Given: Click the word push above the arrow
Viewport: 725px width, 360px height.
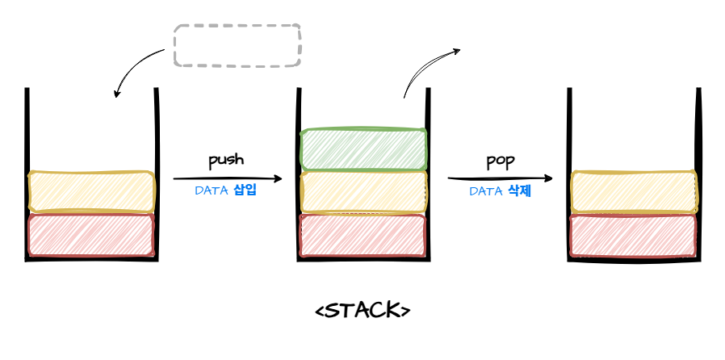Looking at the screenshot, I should click(226, 160).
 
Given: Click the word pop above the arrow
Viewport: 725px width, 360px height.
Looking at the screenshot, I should click(500, 160).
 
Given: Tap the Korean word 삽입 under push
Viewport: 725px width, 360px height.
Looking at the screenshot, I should click(245, 192).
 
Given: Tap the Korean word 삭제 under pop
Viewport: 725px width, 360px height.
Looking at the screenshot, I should click(519, 192).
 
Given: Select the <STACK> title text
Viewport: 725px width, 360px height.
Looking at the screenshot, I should click(362, 310).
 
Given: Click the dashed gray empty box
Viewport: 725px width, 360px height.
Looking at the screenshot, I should click(237, 45).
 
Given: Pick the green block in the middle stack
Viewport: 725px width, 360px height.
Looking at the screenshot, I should click(363, 149).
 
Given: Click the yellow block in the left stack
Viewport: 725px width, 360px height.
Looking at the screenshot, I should click(91, 191).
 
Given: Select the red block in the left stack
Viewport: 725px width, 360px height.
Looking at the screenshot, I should click(91, 235).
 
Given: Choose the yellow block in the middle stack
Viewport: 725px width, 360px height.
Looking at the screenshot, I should click(363, 192).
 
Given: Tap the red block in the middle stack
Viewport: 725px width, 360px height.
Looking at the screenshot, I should click(363, 235).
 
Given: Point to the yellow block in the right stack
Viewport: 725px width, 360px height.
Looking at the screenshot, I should click(634, 192).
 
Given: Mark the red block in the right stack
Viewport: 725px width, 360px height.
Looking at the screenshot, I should click(634, 235).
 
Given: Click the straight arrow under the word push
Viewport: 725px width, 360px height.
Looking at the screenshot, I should click(228, 178).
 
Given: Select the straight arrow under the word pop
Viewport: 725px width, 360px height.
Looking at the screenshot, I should click(501, 178).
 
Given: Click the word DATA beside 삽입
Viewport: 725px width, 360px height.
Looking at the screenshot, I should click(212, 192).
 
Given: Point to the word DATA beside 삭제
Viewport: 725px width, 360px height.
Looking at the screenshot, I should click(486, 192).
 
